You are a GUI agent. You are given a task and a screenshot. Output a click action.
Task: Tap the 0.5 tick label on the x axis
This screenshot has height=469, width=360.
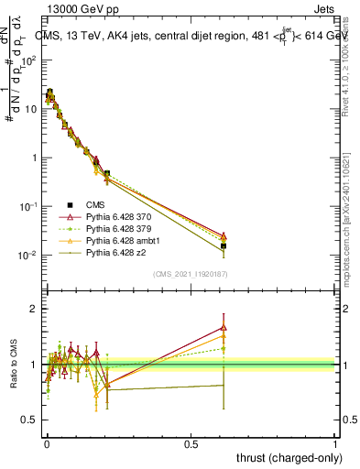pos(191,442)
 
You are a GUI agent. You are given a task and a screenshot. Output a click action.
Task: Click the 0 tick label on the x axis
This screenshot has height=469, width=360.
pos(47,442)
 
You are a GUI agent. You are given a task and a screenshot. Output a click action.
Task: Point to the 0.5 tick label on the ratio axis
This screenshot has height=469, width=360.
pos(28,420)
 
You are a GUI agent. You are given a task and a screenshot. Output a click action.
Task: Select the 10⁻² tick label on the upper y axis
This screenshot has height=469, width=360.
pos(27,256)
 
